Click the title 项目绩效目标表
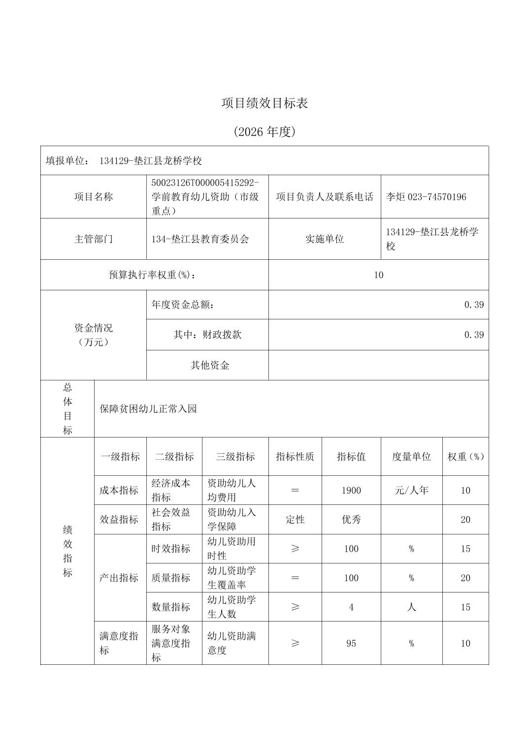(264, 103)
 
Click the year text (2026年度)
(264, 132)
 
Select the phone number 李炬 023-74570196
(426, 197)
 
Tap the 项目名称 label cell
(94, 197)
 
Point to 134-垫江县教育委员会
(200, 239)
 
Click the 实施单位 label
(324, 239)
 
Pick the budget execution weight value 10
(378, 275)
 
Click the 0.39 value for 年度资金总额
(474, 305)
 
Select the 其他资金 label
(210, 365)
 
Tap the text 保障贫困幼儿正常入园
(148, 409)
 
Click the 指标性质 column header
(295, 457)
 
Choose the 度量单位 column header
(411, 457)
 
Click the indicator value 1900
(351, 491)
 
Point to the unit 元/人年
(411, 491)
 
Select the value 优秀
(351, 520)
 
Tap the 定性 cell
(295, 520)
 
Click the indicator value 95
(351, 644)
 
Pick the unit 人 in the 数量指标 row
(411, 607)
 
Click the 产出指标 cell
(119, 578)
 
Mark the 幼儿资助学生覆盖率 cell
(231, 578)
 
